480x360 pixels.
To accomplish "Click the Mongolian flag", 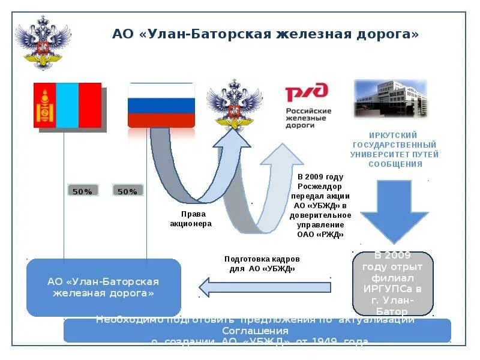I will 68,106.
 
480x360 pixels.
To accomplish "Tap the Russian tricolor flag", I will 161,106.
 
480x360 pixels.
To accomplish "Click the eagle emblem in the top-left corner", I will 41,42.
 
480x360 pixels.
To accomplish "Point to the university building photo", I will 391,98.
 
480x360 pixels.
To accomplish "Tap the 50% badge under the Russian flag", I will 127,191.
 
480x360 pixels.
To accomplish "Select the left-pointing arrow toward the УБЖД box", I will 264,287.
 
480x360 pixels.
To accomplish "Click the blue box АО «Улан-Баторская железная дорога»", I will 103,287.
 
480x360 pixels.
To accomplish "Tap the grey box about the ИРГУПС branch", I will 393,284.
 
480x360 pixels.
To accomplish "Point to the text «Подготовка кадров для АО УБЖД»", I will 262,263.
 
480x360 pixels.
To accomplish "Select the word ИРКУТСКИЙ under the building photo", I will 392,136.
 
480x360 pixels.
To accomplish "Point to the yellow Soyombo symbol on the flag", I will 44,106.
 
